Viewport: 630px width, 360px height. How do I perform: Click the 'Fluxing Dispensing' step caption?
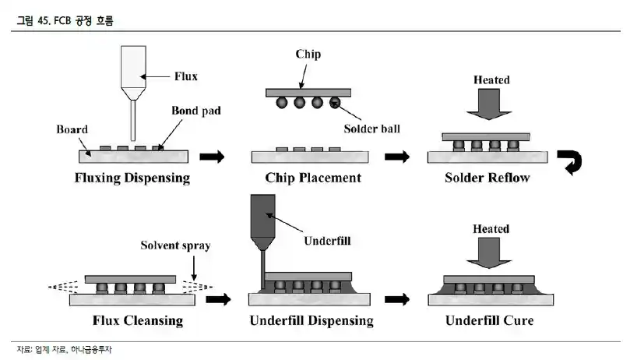pyautogui.click(x=132, y=178)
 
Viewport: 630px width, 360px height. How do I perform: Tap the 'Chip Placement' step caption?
pyautogui.click(x=313, y=178)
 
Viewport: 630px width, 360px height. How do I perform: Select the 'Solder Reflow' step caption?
pyautogui.click(x=487, y=178)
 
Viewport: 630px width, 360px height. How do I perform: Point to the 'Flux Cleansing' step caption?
pyautogui.click(x=138, y=320)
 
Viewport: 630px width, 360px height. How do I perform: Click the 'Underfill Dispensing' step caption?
pyautogui.click(x=311, y=320)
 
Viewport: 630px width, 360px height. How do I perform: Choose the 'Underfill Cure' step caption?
pyautogui.click(x=489, y=320)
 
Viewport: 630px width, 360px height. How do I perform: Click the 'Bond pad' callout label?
pyautogui.click(x=196, y=111)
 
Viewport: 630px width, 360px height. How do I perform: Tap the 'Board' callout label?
pyautogui.click(x=72, y=129)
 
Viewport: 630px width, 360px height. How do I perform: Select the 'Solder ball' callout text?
pyautogui.click(x=371, y=129)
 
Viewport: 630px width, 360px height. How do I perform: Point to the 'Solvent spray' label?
pyautogui.click(x=175, y=245)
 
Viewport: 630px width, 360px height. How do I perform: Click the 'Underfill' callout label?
pyautogui.click(x=327, y=241)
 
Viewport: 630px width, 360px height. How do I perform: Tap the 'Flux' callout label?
pyautogui.click(x=185, y=76)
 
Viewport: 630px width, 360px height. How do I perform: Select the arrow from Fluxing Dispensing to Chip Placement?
pyautogui.click(x=212, y=157)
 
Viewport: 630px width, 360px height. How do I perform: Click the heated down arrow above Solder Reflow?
pyautogui.click(x=489, y=104)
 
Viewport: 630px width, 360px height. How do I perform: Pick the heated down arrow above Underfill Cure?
pyautogui.click(x=489, y=252)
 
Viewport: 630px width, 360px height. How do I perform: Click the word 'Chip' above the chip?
pyautogui.click(x=308, y=55)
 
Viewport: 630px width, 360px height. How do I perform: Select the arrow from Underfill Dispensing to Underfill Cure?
pyautogui.click(x=397, y=299)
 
